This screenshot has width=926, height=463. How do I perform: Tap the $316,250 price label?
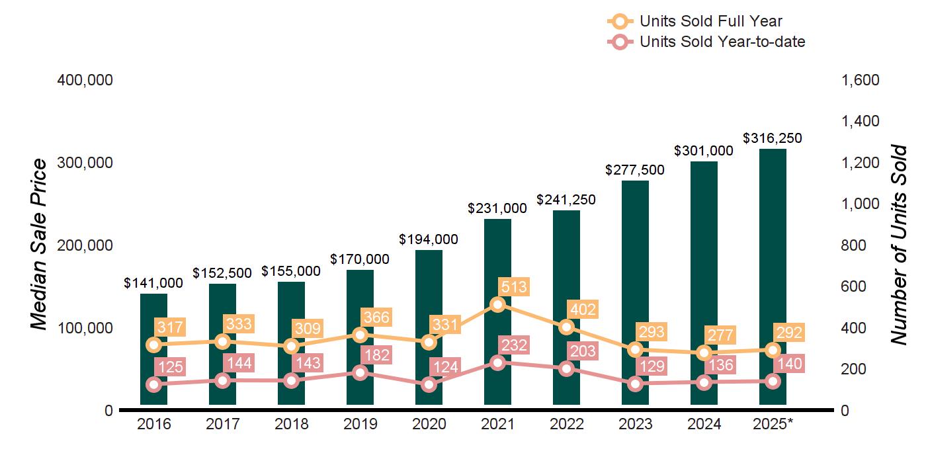(x=773, y=138)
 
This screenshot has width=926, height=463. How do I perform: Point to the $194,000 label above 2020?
(x=429, y=239)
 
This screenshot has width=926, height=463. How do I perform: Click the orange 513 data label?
(x=514, y=286)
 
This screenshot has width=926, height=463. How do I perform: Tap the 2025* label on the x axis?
(x=773, y=424)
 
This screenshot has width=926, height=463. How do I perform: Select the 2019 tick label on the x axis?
(x=360, y=424)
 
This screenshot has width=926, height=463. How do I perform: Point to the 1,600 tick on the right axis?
(x=859, y=80)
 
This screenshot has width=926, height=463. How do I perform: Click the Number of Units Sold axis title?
(x=898, y=245)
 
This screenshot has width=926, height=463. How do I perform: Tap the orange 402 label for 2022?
(x=583, y=309)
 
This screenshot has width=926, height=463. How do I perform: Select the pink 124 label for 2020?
(x=445, y=365)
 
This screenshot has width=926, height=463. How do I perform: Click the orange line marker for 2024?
(x=704, y=353)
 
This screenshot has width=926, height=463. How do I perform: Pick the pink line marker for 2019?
(x=360, y=372)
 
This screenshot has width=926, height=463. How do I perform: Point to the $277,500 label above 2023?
(x=635, y=170)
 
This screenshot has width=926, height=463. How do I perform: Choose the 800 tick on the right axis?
(x=854, y=245)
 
